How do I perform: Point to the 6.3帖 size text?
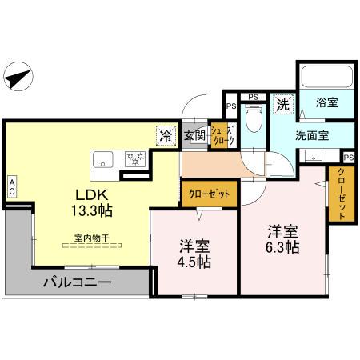[x=283, y=247]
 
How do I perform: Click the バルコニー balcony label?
[x=77, y=282]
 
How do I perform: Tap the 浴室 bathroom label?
[x=326, y=102]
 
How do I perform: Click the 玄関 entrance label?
[x=194, y=137]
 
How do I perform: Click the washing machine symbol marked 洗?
[x=283, y=103]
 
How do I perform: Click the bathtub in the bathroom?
[x=326, y=78]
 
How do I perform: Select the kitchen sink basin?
[x=104, y=158]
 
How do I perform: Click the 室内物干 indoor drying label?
[x=91, y=238]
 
